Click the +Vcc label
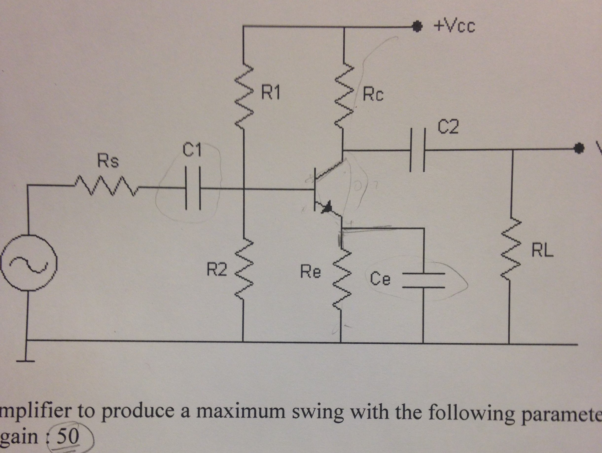tap(454, 27)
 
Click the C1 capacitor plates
tap(193, 188)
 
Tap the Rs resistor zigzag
tap(105, 186)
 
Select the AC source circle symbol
tap(28, 264)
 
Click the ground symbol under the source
tap(27, 361)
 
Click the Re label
tap(311, 272)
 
